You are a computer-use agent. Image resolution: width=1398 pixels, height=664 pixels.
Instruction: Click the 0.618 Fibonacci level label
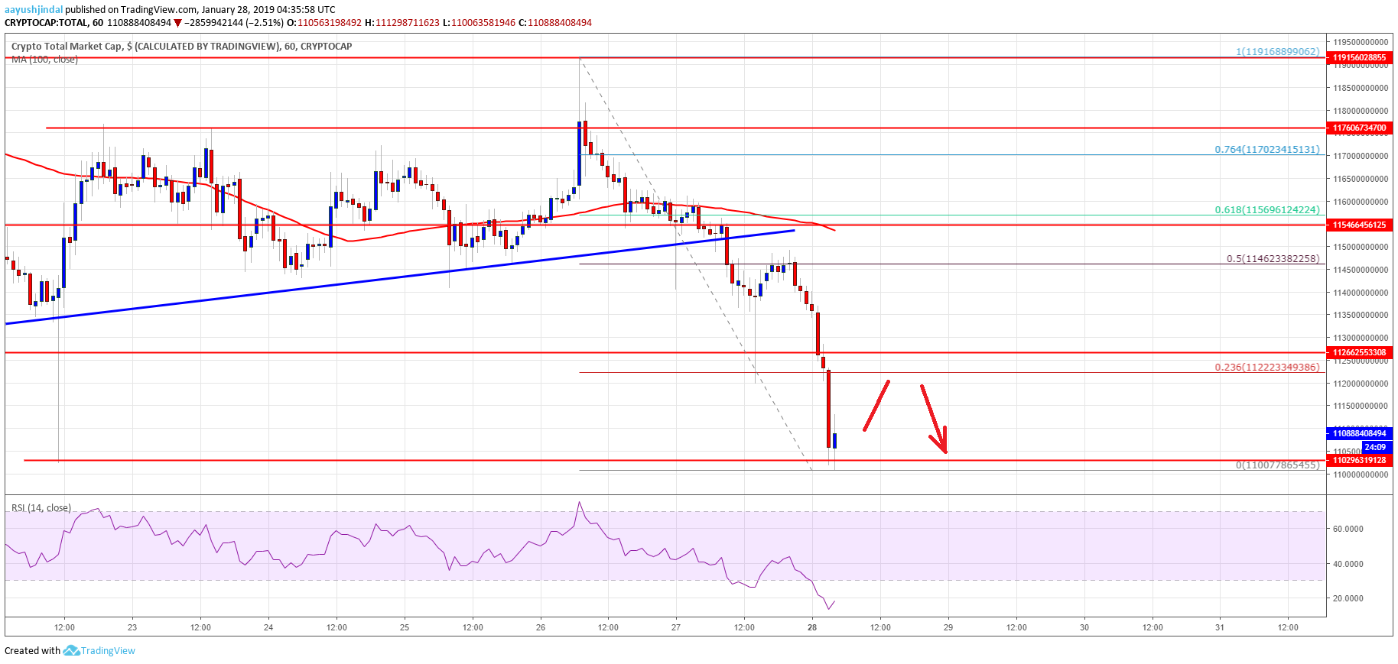pyautogui.click(x=1266, y=209)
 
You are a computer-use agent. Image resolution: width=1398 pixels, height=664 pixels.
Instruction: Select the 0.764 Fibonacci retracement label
pyautogui.click(x=1266, y=150)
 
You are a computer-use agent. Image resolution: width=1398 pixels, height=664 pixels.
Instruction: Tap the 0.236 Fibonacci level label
pyautogui.click(x=1266, y=368)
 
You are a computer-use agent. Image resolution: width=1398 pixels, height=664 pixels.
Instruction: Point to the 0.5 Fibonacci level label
pyautogui.click(x=1273, y=259)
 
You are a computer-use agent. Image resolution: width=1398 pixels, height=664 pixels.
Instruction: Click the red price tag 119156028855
pyautogui.click(x=1359, y=57)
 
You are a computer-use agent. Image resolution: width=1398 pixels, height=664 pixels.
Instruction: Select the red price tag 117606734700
pyautogui.click(x=1359, y=128)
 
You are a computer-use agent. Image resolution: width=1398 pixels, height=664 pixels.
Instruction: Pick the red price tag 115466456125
pyautogui.click(x=1359, y=225)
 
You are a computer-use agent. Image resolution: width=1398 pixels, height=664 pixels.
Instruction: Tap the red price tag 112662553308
pyautogui.click(x=1359, y=352)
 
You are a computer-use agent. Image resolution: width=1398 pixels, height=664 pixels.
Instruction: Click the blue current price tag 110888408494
pyautogui.click(x=1359, y=433)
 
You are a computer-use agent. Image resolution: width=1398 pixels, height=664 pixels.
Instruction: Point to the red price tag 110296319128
pyautogui.click(x=1359, y=460)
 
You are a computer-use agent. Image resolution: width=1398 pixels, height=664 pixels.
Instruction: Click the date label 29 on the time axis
pyautogui.click(x=948, y=627)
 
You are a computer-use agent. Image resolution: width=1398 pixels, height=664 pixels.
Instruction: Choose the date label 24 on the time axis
pyautogui.click(x=268, y=627)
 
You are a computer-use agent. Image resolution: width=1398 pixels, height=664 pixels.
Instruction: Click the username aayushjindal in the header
pyautogui.click(x=34, y=10)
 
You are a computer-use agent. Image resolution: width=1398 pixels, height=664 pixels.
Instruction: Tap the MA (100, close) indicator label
pyautogui.click(x=44, y=60)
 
